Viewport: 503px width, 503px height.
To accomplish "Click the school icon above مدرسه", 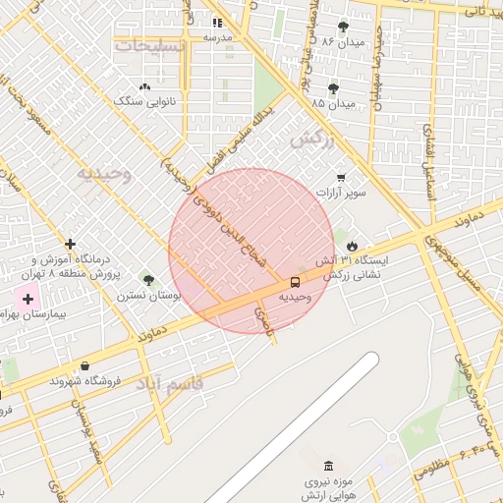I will pyautogui.click(x=217, y=23).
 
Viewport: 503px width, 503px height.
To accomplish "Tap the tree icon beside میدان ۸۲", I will pyautogui.click(x=343, y=28).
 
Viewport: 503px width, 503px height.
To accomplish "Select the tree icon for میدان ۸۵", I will pyautogui.click(x=334, y=88).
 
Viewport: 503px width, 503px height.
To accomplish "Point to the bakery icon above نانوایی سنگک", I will pyautogui.click(x=145, y=87).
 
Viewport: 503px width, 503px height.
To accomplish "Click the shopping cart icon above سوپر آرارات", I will pyautogui.click(x=340, y=178).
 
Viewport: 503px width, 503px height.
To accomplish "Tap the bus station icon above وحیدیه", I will pyautogui.click(x=296, y=281).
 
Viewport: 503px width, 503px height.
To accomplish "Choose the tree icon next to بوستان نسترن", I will pyautogui.click(x=148, y=281).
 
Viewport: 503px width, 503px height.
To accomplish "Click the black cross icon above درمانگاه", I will pyautogui.click(x=70, y=244).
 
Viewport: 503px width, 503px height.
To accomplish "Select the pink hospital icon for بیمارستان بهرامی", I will pyautogui.click(x=28, y=299).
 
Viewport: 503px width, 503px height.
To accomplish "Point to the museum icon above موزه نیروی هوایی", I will pyautogui.click(x=327, y=465).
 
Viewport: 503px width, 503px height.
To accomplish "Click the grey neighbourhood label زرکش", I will pyautogui.click(x=312, y=140).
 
